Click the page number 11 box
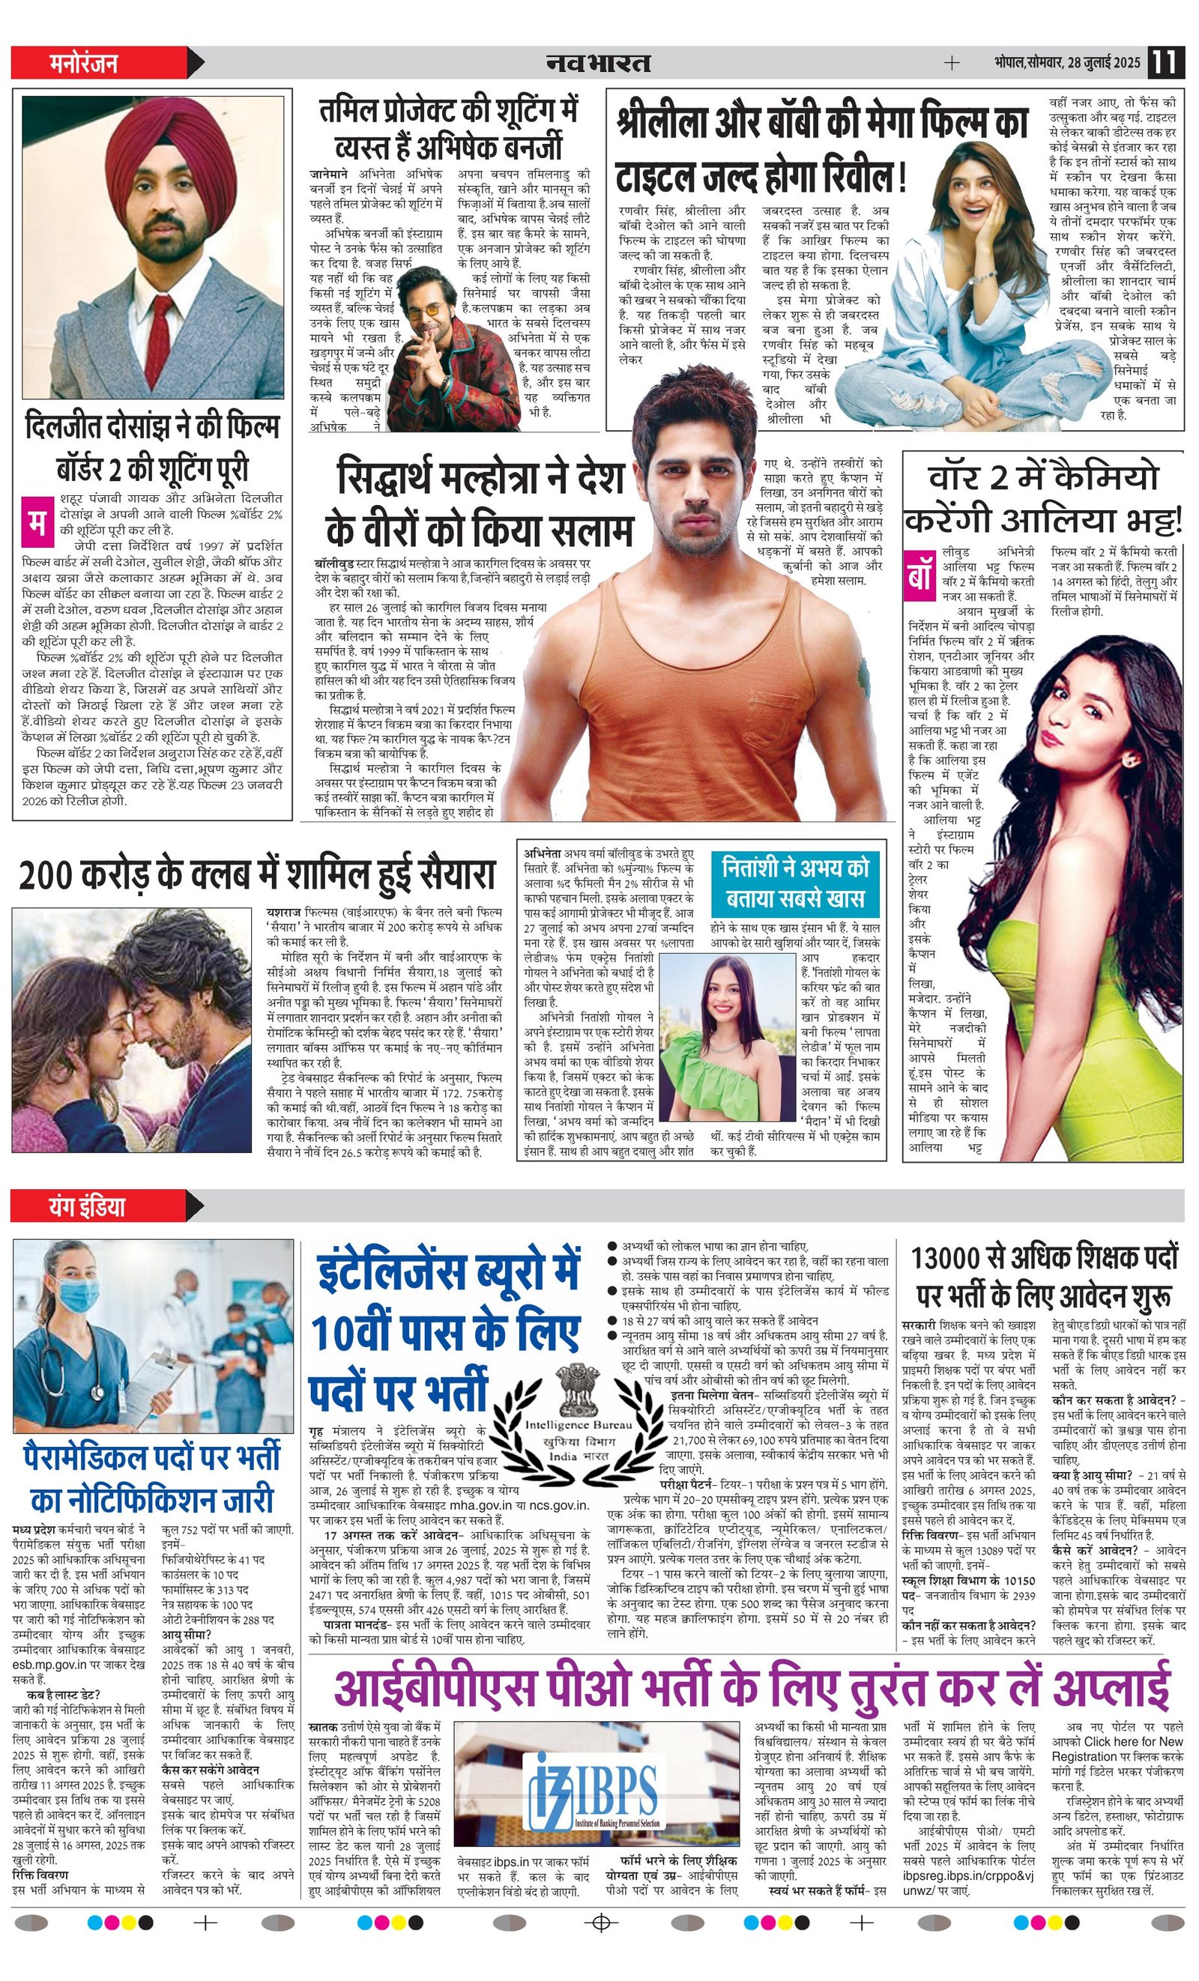(1165, 63)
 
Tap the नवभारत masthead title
(598, 63)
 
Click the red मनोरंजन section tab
(84, 63)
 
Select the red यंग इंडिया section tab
(86, 1206)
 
